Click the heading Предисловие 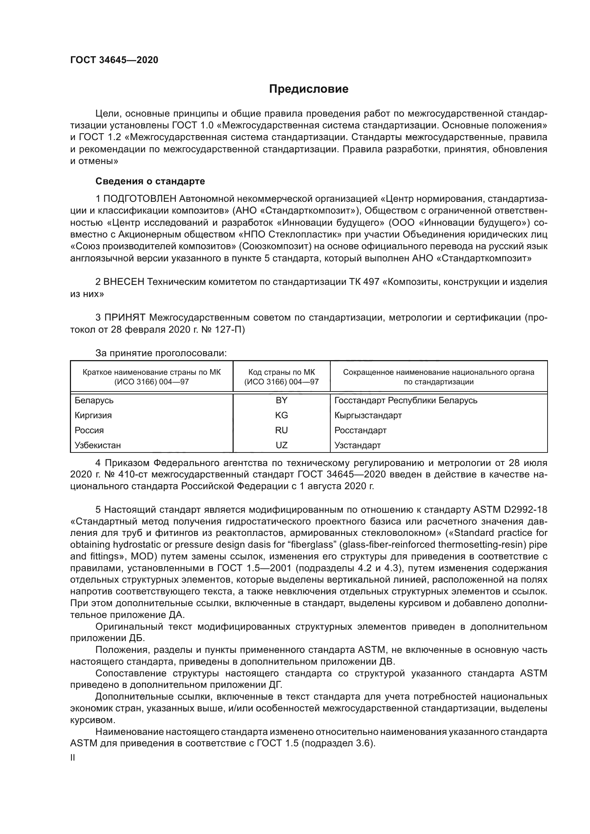(309, 89)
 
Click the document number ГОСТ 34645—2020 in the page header (114, 60)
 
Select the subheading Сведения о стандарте (150, 181)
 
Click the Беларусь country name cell (94, 400)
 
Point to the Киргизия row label (93, 415)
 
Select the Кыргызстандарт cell (368, 415)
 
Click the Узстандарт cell (357, 445)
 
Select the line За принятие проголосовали (161, 353)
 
